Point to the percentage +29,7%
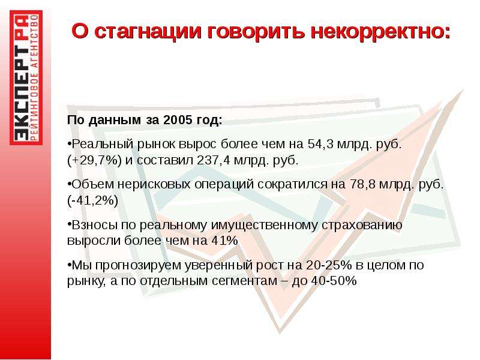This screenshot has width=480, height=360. [95, 160]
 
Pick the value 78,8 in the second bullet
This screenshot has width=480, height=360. [360, 184]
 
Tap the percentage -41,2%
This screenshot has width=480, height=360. [93, 201]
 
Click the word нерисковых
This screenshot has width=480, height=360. [154, 185]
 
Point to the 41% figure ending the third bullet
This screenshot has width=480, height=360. [224, 241]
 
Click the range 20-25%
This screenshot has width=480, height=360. [329, 265]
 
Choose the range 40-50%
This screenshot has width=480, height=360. [334, 281]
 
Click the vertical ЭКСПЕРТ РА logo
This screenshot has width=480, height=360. [26, 77]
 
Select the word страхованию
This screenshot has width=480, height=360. [362, 226]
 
